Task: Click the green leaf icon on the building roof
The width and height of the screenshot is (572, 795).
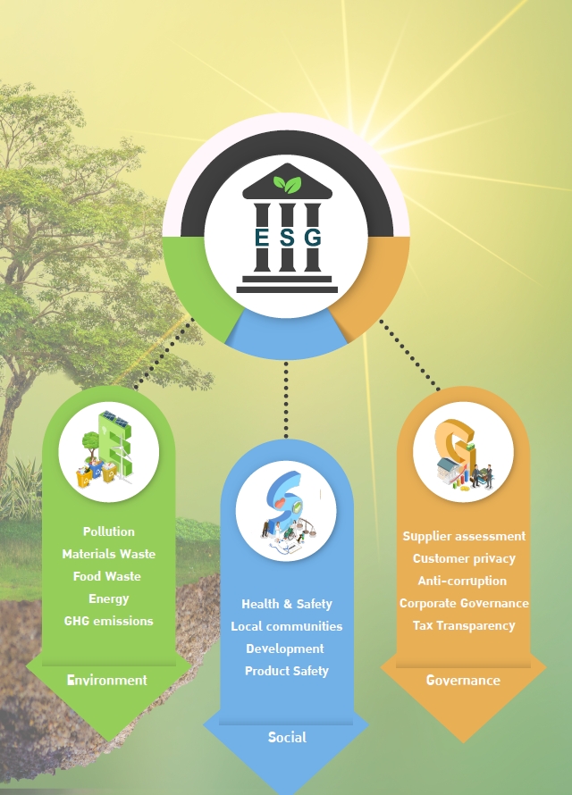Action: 288,184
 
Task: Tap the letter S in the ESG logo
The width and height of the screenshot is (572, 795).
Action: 287,238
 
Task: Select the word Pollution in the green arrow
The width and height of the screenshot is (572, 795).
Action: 109,531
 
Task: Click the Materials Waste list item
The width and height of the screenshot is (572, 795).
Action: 108,554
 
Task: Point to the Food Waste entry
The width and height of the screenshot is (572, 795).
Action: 107,576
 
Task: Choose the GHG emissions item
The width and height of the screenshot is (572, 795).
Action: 108,621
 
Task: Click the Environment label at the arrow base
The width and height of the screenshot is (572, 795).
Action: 107,680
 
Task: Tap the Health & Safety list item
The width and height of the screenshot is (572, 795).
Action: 287,604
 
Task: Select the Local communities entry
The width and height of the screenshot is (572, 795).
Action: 287,626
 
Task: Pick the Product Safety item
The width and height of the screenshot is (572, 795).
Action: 287,671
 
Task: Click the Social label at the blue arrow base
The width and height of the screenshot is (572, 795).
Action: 287,737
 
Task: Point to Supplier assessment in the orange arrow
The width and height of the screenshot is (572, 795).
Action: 464,537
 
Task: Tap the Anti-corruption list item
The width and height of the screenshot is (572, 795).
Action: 462,581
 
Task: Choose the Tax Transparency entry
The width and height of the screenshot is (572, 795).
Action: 464,625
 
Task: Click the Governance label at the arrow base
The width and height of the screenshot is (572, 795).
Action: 463,680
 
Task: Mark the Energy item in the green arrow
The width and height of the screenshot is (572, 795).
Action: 108,598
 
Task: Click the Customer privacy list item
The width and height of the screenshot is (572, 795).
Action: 464,558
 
